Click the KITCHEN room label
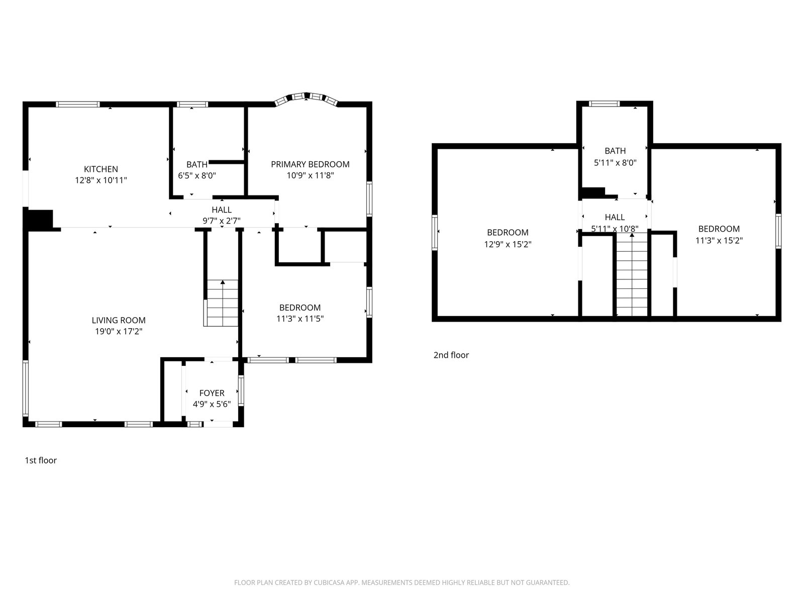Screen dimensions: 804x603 [x=100, y=169]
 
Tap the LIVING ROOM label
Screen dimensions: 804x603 [x=119, y=321]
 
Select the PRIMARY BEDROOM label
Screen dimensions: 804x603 [x=310, y=164]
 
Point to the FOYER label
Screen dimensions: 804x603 [x=212, y=393]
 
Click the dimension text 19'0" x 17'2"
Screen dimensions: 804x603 [x=119, y=331]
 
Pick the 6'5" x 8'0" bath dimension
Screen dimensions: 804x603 [x=197, y=175]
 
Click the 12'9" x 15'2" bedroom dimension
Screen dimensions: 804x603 [x=508, y=244]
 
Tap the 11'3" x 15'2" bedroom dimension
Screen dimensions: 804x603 [x=719, y=240]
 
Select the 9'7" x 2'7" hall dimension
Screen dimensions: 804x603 [x=222, y=221]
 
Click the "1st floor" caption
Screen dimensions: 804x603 [x=41, y=460]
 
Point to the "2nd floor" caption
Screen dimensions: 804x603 [x=451, y=355]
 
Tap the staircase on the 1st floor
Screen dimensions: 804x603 [x=221, y=303]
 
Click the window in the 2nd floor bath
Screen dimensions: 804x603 [x=605, y=104]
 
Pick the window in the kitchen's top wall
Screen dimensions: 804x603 [x=78, y=105]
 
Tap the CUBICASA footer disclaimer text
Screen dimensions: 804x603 [x=402, y=582]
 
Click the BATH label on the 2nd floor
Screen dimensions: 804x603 [x=616, y=151]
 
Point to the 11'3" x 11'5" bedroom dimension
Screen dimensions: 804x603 [x=300, y=319]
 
